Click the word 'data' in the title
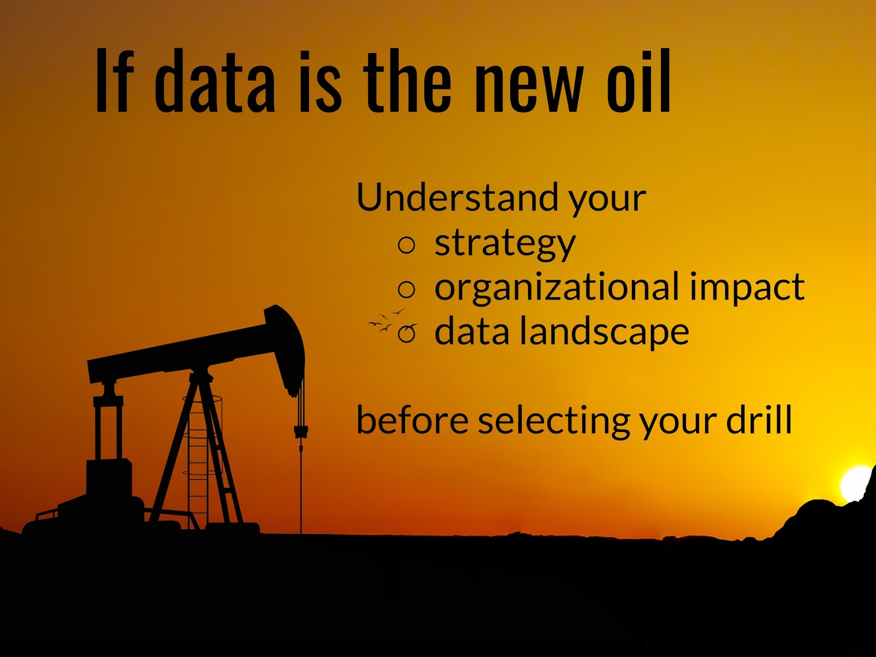(x=215, y=82)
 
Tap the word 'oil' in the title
(x=638, y=82)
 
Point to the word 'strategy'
(x=505, y=244)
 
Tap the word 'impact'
(x=747, y=288)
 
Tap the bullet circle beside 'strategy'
(x=407, y=245)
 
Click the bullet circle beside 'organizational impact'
(x=407, y=289)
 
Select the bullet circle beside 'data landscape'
(x=407, y=333)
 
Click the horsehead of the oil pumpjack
(x=288, y=345)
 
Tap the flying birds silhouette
(x=386, y=321)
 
